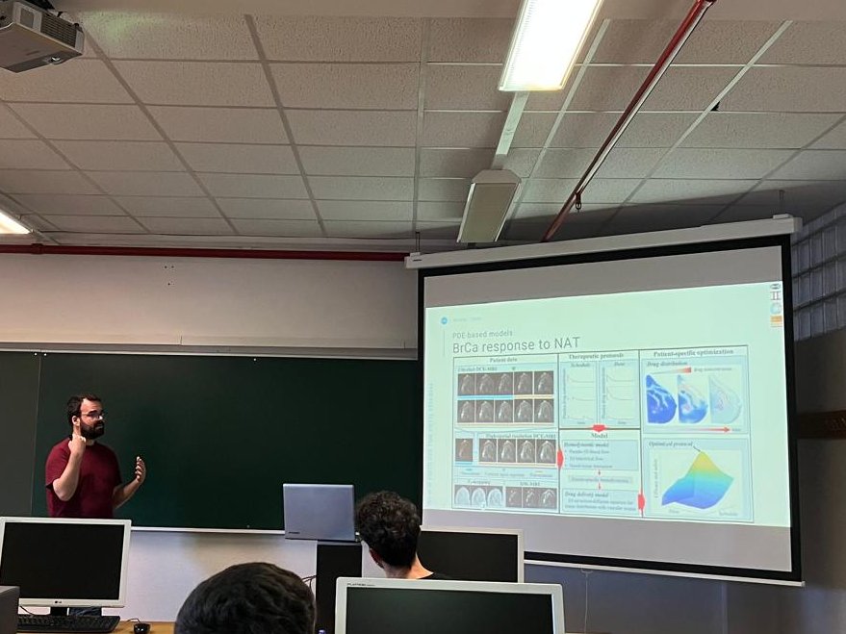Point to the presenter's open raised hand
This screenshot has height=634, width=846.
coord(140,469)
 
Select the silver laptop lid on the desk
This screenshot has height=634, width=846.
coord(319,512)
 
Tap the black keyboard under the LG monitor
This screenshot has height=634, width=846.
coord(67,623)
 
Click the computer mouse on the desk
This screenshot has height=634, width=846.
coord(141,627)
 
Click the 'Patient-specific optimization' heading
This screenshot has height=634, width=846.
coord(695,352)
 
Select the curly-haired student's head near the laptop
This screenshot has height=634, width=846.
coord(389,529)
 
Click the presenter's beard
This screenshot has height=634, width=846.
coord(92,430)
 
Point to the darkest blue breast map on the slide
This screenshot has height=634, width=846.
coord(660,399)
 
